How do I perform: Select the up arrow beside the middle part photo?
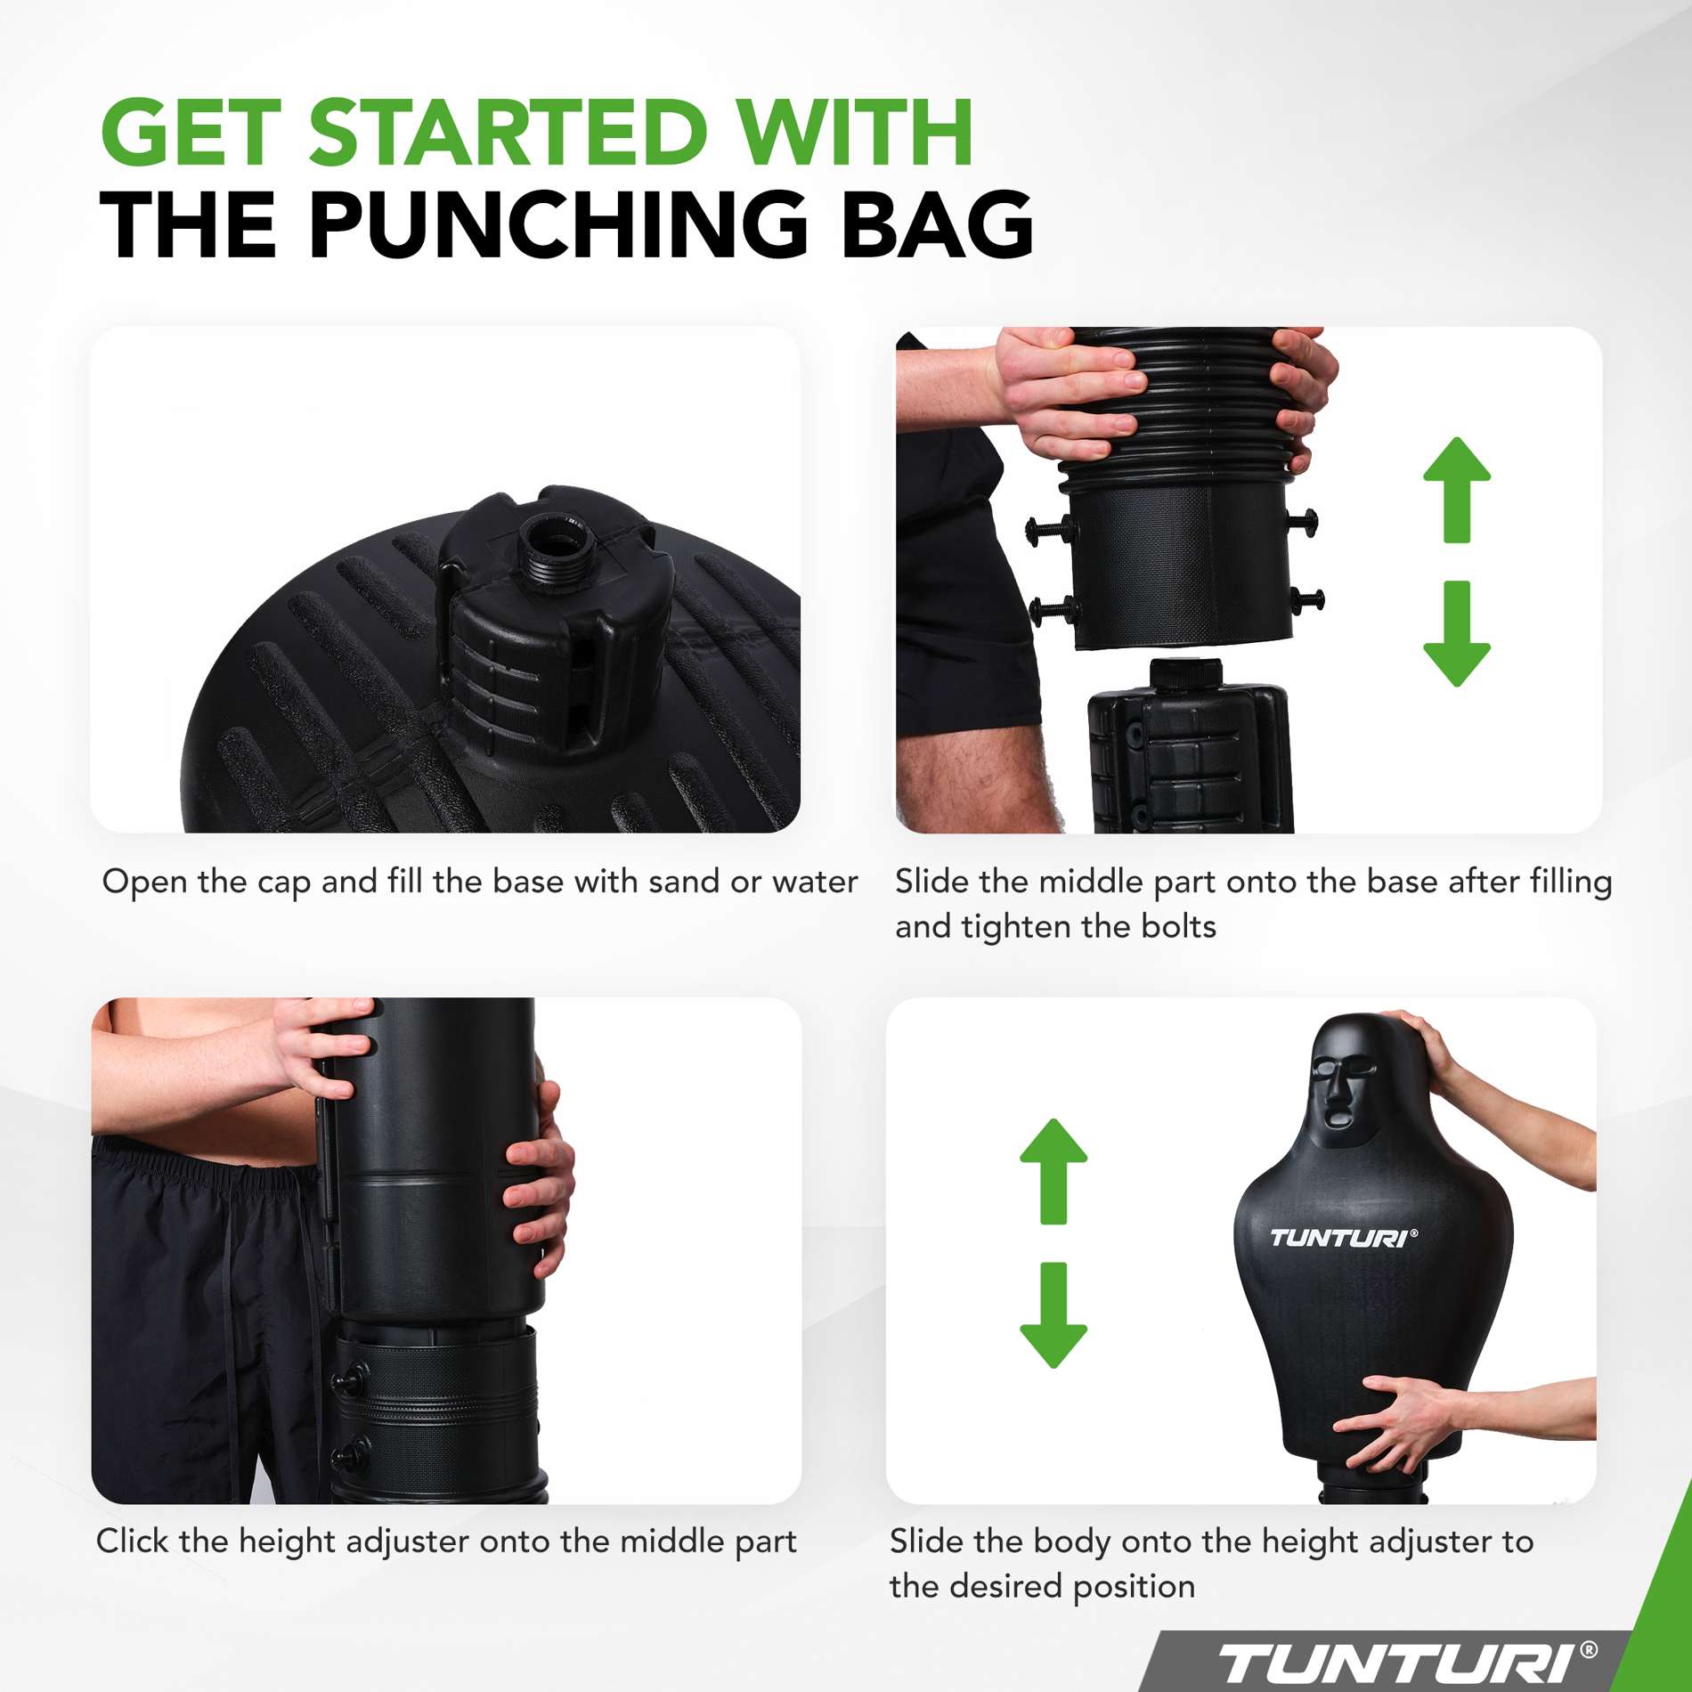pos(1456,490)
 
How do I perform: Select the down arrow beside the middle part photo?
pos(1456,634)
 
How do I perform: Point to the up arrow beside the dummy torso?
pos(1053,1171)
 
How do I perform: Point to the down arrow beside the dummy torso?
pos(1053,1314)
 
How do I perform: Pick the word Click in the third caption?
pos(133,1541)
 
